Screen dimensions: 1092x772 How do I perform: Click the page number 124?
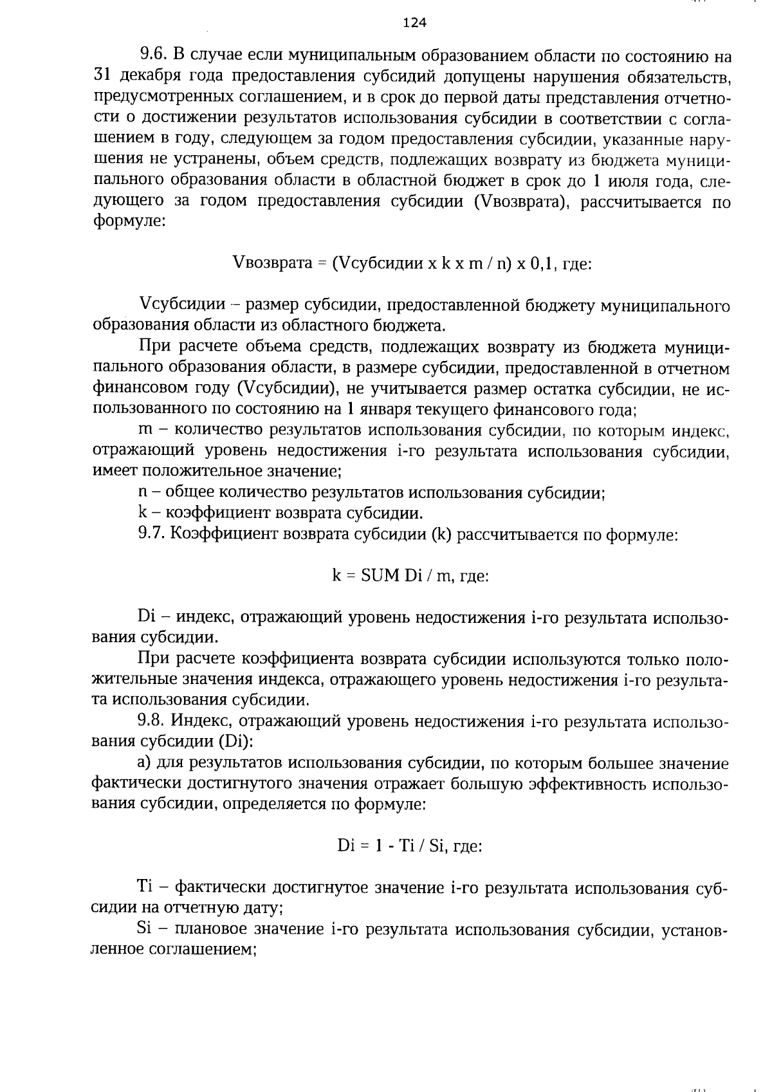pos(414,23)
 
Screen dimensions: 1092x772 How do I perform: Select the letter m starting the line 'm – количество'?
pos(145,430)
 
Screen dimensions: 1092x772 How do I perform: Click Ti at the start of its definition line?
pos(144,887)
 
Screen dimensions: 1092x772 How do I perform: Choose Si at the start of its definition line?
pos(143,929)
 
